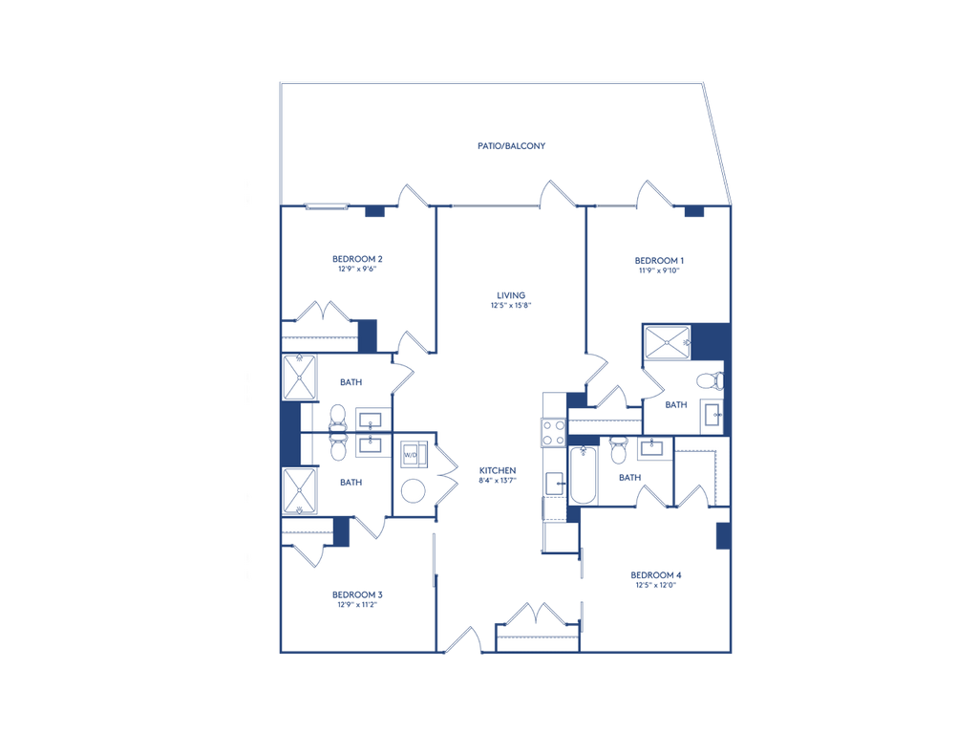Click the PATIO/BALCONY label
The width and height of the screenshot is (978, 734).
pos(512,146)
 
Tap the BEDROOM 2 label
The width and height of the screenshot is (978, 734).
pos(357,259)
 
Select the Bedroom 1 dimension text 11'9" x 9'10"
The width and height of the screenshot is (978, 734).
pos(659,270)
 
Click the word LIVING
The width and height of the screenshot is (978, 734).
pos(511,295)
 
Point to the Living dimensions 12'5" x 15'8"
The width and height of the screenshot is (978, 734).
pos(511,305)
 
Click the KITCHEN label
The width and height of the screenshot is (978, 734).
pos(498,470)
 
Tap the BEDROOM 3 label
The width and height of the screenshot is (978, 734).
pos(357,594)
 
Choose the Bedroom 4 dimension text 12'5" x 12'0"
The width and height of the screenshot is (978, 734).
pos(655,586)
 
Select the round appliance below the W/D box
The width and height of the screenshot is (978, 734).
pos(413,490)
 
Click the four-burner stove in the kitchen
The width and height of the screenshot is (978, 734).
pos(553,432)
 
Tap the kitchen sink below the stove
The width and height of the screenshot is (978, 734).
pos(555,484)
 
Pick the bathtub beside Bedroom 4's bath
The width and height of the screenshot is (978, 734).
pos(584,474)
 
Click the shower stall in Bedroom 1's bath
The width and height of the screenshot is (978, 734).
pos(668,342)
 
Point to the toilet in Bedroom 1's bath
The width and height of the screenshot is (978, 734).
pos(710,379)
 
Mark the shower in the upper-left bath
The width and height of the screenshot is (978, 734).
pos(299,377)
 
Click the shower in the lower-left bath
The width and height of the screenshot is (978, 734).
pos(299,490)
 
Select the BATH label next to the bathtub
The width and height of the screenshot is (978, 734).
pos(630,478)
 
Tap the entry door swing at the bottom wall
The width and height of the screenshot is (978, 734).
pos(463,639)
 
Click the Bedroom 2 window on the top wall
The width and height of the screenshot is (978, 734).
pos(327,206)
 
